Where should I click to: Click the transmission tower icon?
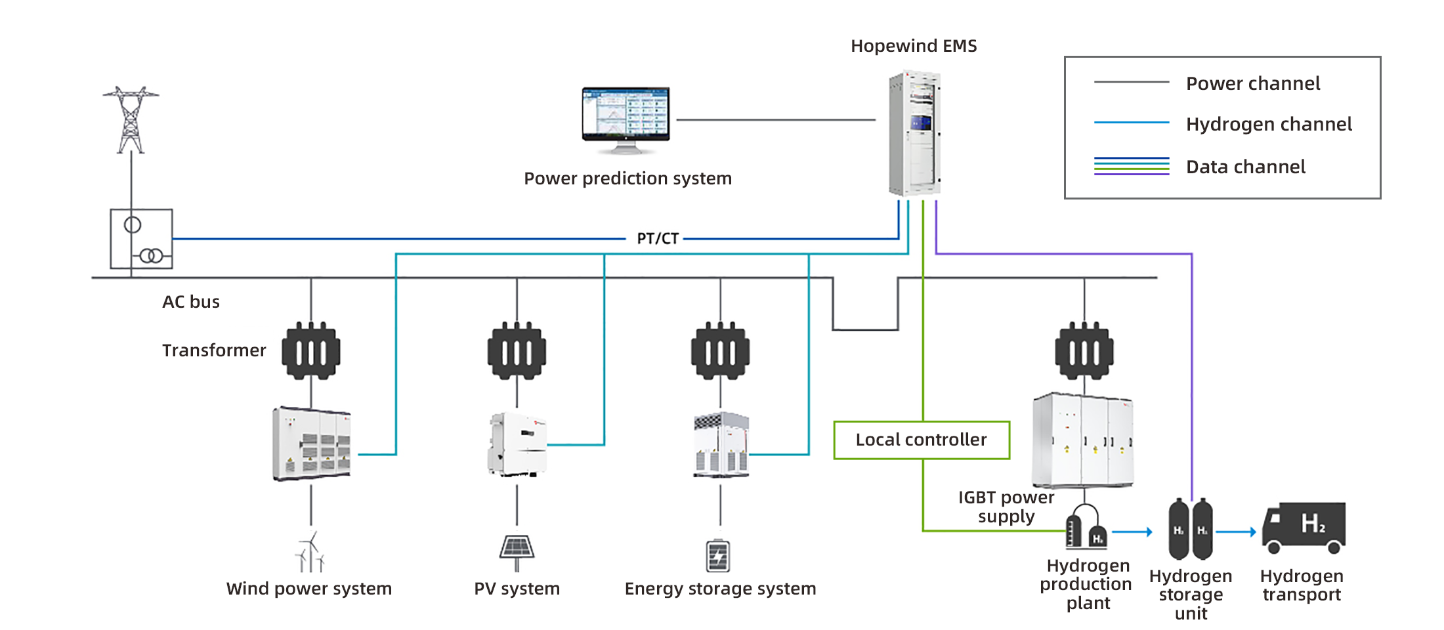(x=131, y=119)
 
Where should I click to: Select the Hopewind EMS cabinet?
(x=915, y=133)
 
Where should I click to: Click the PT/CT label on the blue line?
(x=657, y=239)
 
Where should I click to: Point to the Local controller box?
(x=922, y=440)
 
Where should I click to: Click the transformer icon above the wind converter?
(x=311, y=350)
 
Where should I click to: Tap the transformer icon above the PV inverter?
(x=517, y=350)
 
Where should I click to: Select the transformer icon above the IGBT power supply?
(x=1084, y=350)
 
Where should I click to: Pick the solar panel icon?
(x=517, y=549)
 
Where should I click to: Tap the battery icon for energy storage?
(x=718, y=555)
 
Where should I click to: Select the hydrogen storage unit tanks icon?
(x=1191, y=529)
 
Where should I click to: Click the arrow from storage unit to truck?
(x=1236, y=532)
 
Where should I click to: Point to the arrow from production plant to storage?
(x=1132, y=532)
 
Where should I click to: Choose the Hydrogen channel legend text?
(x=1268, y=124)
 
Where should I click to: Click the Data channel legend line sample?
(x=1132, y=166)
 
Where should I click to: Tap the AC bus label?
(x=191, y=302)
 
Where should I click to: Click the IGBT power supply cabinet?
(x=1083, y=440)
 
